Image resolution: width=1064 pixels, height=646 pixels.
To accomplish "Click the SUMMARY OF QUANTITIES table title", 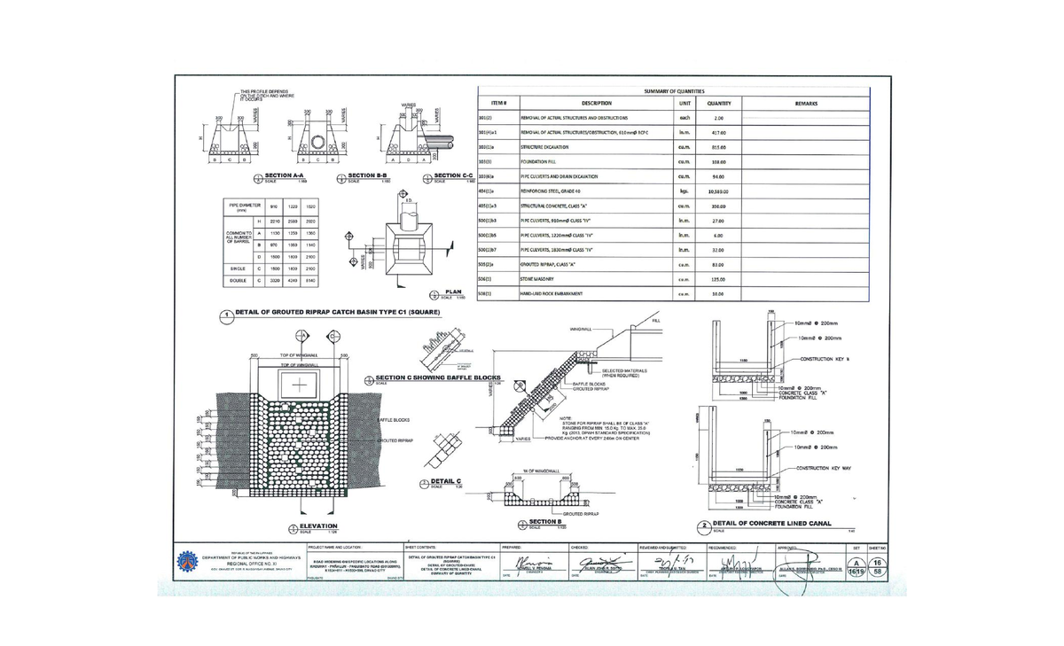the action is pyautogui.click(x=674, y=91).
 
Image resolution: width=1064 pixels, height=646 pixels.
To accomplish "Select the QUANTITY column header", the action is pyautogui.click(x=718, y=104).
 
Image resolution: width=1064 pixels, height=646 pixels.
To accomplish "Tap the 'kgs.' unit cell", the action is pyautogui.click(x=685, y=191).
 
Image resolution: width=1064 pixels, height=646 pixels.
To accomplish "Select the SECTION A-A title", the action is pyautogui.click(x=286, y=177).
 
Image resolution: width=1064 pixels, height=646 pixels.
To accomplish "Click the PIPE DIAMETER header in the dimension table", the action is pyautogui.click(x=242, y=207).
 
